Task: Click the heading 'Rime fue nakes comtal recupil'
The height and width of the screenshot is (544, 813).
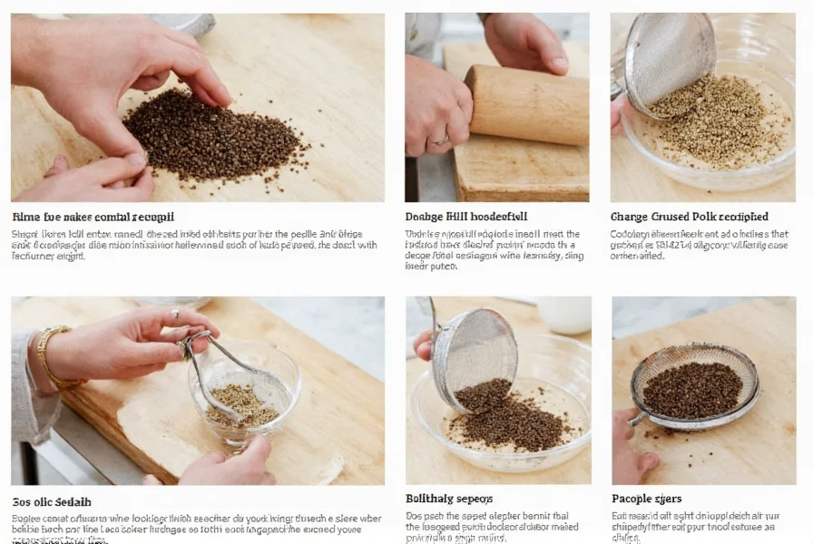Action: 93,217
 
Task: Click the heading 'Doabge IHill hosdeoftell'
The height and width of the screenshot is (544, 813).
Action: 465,217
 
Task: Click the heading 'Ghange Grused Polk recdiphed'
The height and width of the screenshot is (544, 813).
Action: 689,217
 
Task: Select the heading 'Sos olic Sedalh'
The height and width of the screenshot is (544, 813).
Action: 52,501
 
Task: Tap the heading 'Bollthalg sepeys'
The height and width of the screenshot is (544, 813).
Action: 449,499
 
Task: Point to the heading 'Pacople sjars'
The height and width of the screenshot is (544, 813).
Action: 646,499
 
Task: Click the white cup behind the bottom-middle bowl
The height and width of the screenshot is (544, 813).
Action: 564,314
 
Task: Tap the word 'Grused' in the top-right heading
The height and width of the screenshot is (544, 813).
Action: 675,217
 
